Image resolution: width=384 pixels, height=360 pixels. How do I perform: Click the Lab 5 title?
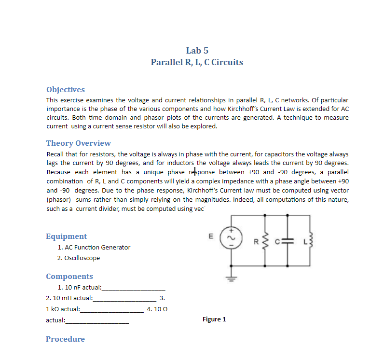(197, 51)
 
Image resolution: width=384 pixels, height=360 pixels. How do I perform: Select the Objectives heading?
(65, 90)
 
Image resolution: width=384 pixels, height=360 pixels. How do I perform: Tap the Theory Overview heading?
(78, 143)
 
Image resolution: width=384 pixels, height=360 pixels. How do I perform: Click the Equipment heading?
(66, 236)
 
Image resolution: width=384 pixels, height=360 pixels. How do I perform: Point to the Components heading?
(69, 277)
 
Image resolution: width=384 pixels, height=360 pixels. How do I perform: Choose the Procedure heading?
(65, 339)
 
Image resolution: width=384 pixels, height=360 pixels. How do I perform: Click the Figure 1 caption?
(214, 319)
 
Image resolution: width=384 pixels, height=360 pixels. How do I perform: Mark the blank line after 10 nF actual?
(128, 289)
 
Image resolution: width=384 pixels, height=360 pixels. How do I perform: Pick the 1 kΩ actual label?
(63, 309)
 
